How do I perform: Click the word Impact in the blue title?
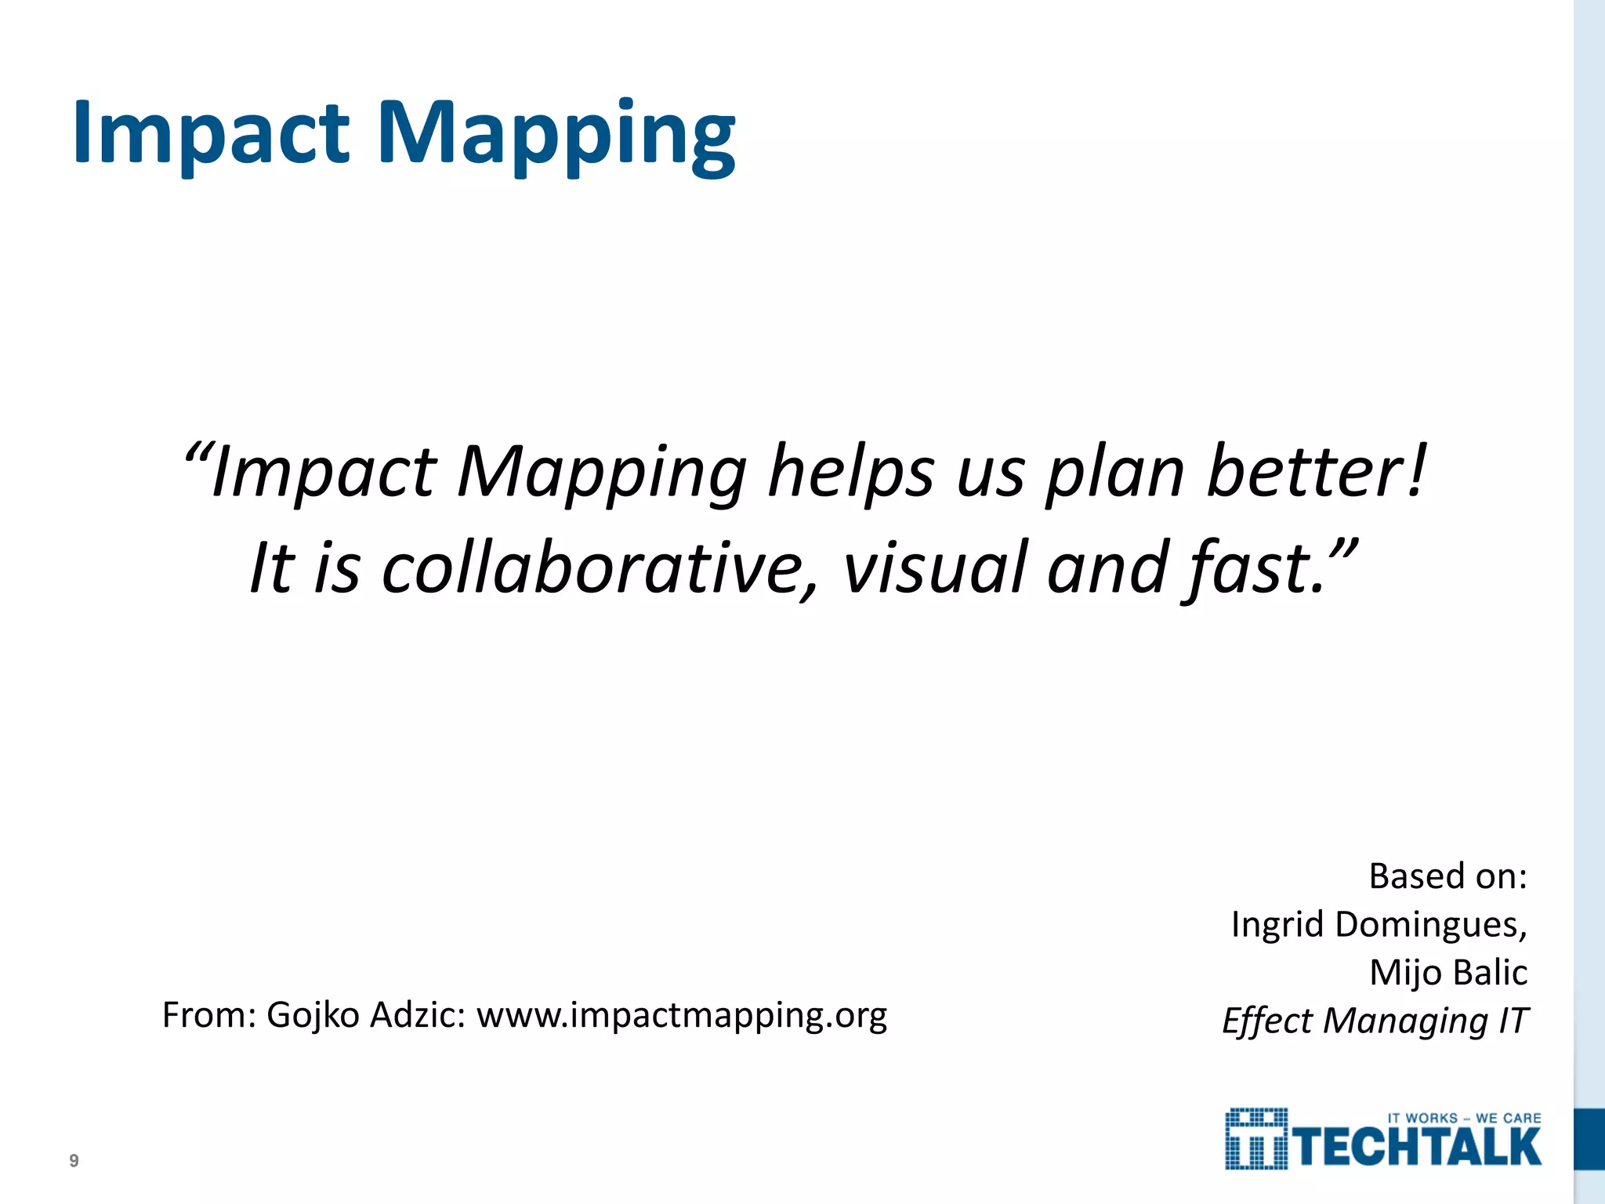[x=210, y=133]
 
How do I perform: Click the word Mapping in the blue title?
[x=556, y=135]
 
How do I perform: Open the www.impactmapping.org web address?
[x=682, y=1017]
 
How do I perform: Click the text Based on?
[x=1447, y=876]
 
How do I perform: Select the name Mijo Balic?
[x=1448, y=973]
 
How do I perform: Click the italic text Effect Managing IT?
[x=1375, y=1021]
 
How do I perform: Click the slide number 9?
[x=74, y=1161]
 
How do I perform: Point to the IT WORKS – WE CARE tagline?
[x=1464, y=1119]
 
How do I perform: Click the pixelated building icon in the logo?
[x=1256, y=1139]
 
